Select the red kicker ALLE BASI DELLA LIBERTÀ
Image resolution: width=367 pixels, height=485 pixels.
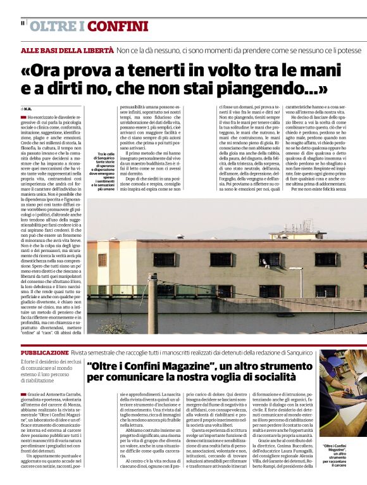(67, 50)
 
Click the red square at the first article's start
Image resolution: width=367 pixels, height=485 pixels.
(23, 117)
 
